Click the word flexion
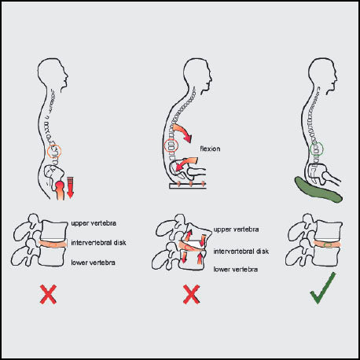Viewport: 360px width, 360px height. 210,149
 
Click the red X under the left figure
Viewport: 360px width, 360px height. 48,294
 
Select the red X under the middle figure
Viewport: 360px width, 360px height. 192,294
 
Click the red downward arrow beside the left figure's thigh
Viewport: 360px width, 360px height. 70,188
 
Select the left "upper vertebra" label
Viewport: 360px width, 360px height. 94,223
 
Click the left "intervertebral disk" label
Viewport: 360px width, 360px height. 98,243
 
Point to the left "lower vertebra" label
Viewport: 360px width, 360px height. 93,263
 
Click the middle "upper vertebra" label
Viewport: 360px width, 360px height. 236,230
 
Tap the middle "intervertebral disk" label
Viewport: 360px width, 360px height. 241,252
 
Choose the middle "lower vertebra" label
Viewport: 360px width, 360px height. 236,270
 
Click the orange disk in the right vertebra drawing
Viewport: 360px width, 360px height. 327,244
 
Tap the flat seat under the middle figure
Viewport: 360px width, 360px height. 188,186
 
